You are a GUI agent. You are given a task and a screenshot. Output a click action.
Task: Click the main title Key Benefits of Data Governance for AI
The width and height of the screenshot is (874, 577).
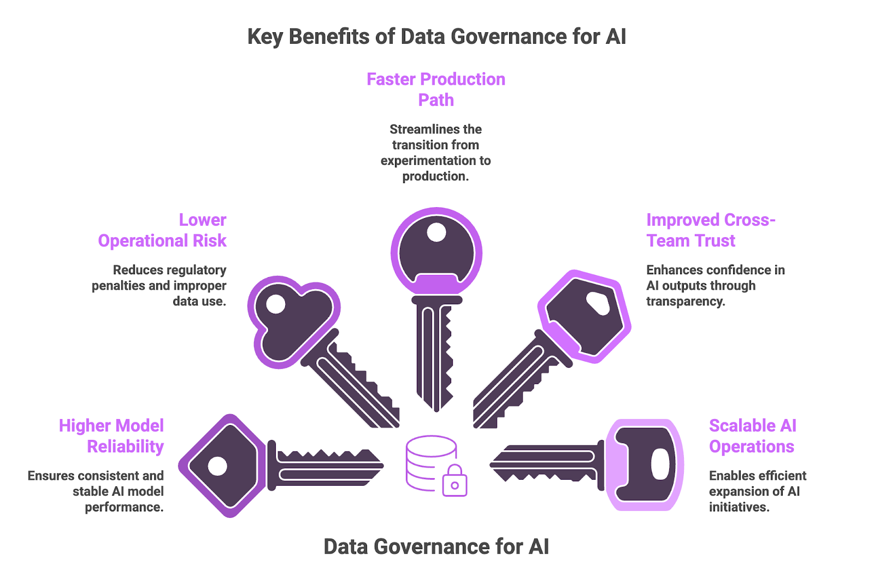coord(436,37)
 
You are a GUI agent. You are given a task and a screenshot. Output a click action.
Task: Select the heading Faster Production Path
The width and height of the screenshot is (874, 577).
coord(436,90)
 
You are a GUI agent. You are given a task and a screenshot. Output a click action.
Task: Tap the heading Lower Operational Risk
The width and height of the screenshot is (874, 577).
coord(162,230)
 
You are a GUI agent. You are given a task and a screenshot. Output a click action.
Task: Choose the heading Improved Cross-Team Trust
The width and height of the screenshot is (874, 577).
coord(710,230)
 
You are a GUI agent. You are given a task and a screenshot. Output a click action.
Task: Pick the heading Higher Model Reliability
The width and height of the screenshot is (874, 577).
coord(111,436)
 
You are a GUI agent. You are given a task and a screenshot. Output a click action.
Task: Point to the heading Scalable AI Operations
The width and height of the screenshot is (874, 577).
coord(752,436)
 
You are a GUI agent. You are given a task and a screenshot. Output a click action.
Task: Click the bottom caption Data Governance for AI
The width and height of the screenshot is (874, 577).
coord(436,546)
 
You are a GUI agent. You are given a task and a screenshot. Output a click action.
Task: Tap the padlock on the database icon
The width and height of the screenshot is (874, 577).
coord(454,481)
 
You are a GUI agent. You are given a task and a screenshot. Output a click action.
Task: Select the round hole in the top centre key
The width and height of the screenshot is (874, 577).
coord(436,232)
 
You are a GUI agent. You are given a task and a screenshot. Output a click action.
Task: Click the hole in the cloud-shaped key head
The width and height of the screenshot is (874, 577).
coord(276,304)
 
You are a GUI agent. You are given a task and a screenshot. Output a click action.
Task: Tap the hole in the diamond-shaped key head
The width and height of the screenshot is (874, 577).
coord(218,466)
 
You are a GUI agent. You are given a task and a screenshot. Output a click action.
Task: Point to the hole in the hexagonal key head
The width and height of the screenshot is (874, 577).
coord(598,303)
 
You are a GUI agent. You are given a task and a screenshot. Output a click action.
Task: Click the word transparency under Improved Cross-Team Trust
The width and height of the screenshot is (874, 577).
coord(686,302)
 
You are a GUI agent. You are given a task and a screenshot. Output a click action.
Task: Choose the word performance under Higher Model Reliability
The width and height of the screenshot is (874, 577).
coord(124,507)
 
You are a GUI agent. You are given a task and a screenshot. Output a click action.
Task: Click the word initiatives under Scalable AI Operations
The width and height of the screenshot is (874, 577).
coord(739,507)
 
